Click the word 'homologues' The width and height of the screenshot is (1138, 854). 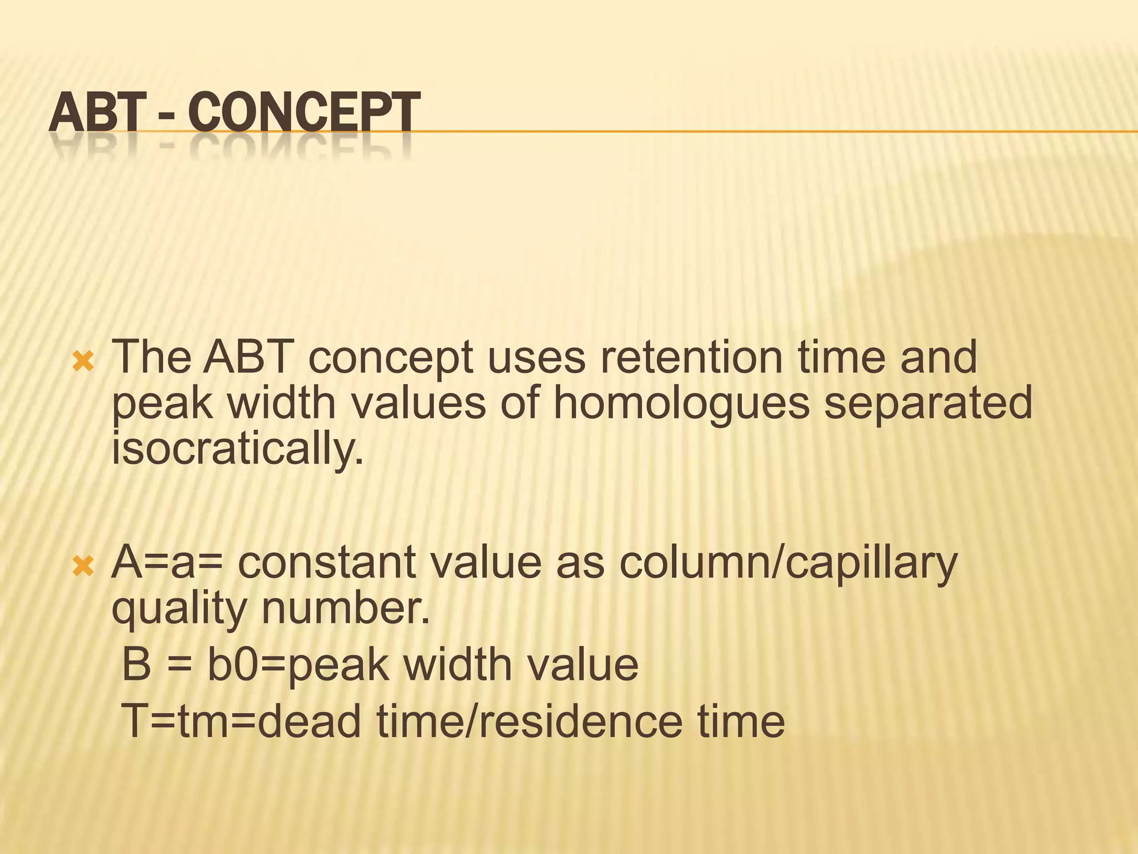point(681,403)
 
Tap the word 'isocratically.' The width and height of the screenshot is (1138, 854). point(238,449)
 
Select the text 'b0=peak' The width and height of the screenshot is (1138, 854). point(297,665)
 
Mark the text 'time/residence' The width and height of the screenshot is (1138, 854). point(530,721)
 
